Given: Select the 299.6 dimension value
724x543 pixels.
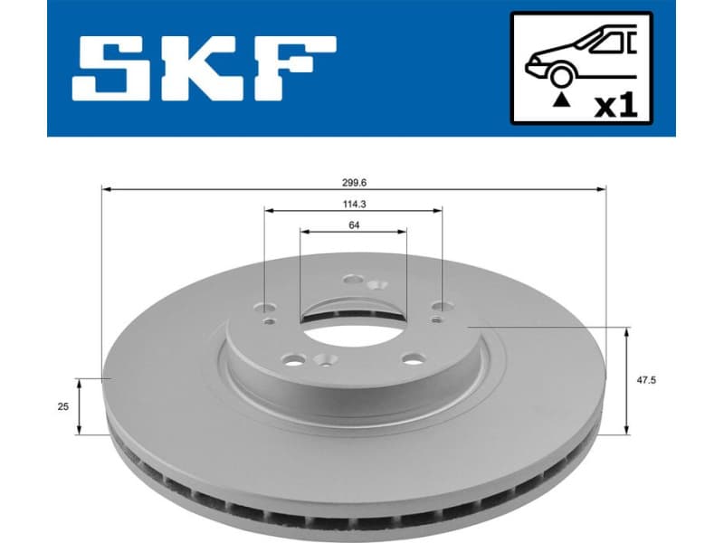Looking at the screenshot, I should tap(353, 179).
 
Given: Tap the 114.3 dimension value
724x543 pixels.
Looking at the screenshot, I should tap(353, 204).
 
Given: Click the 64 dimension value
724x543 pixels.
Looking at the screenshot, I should tap(353, 225).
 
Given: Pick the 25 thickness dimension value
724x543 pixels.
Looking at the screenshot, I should tap(62, 407).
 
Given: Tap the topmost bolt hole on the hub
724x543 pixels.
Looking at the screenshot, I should tap(354, 281).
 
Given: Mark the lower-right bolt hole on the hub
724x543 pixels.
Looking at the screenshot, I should tap(413, 359).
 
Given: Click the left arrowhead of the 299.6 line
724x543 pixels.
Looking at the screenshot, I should tap(105, 189).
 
